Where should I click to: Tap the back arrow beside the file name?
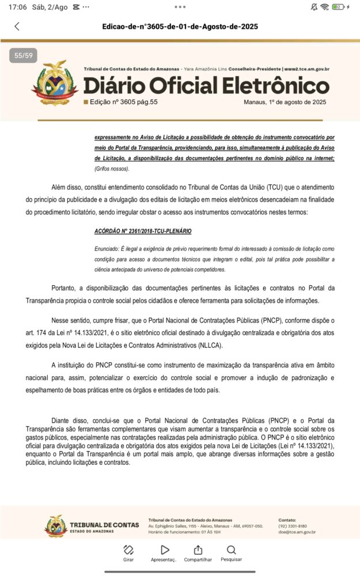17,26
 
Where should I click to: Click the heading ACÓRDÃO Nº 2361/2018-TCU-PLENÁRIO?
143,231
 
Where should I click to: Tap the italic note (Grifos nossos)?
112,168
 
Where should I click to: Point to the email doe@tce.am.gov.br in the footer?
297,532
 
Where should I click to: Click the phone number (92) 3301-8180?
293,526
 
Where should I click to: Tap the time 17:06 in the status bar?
17,7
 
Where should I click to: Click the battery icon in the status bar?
338,7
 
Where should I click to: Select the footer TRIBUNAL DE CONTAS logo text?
104,524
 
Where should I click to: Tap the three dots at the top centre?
180,7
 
